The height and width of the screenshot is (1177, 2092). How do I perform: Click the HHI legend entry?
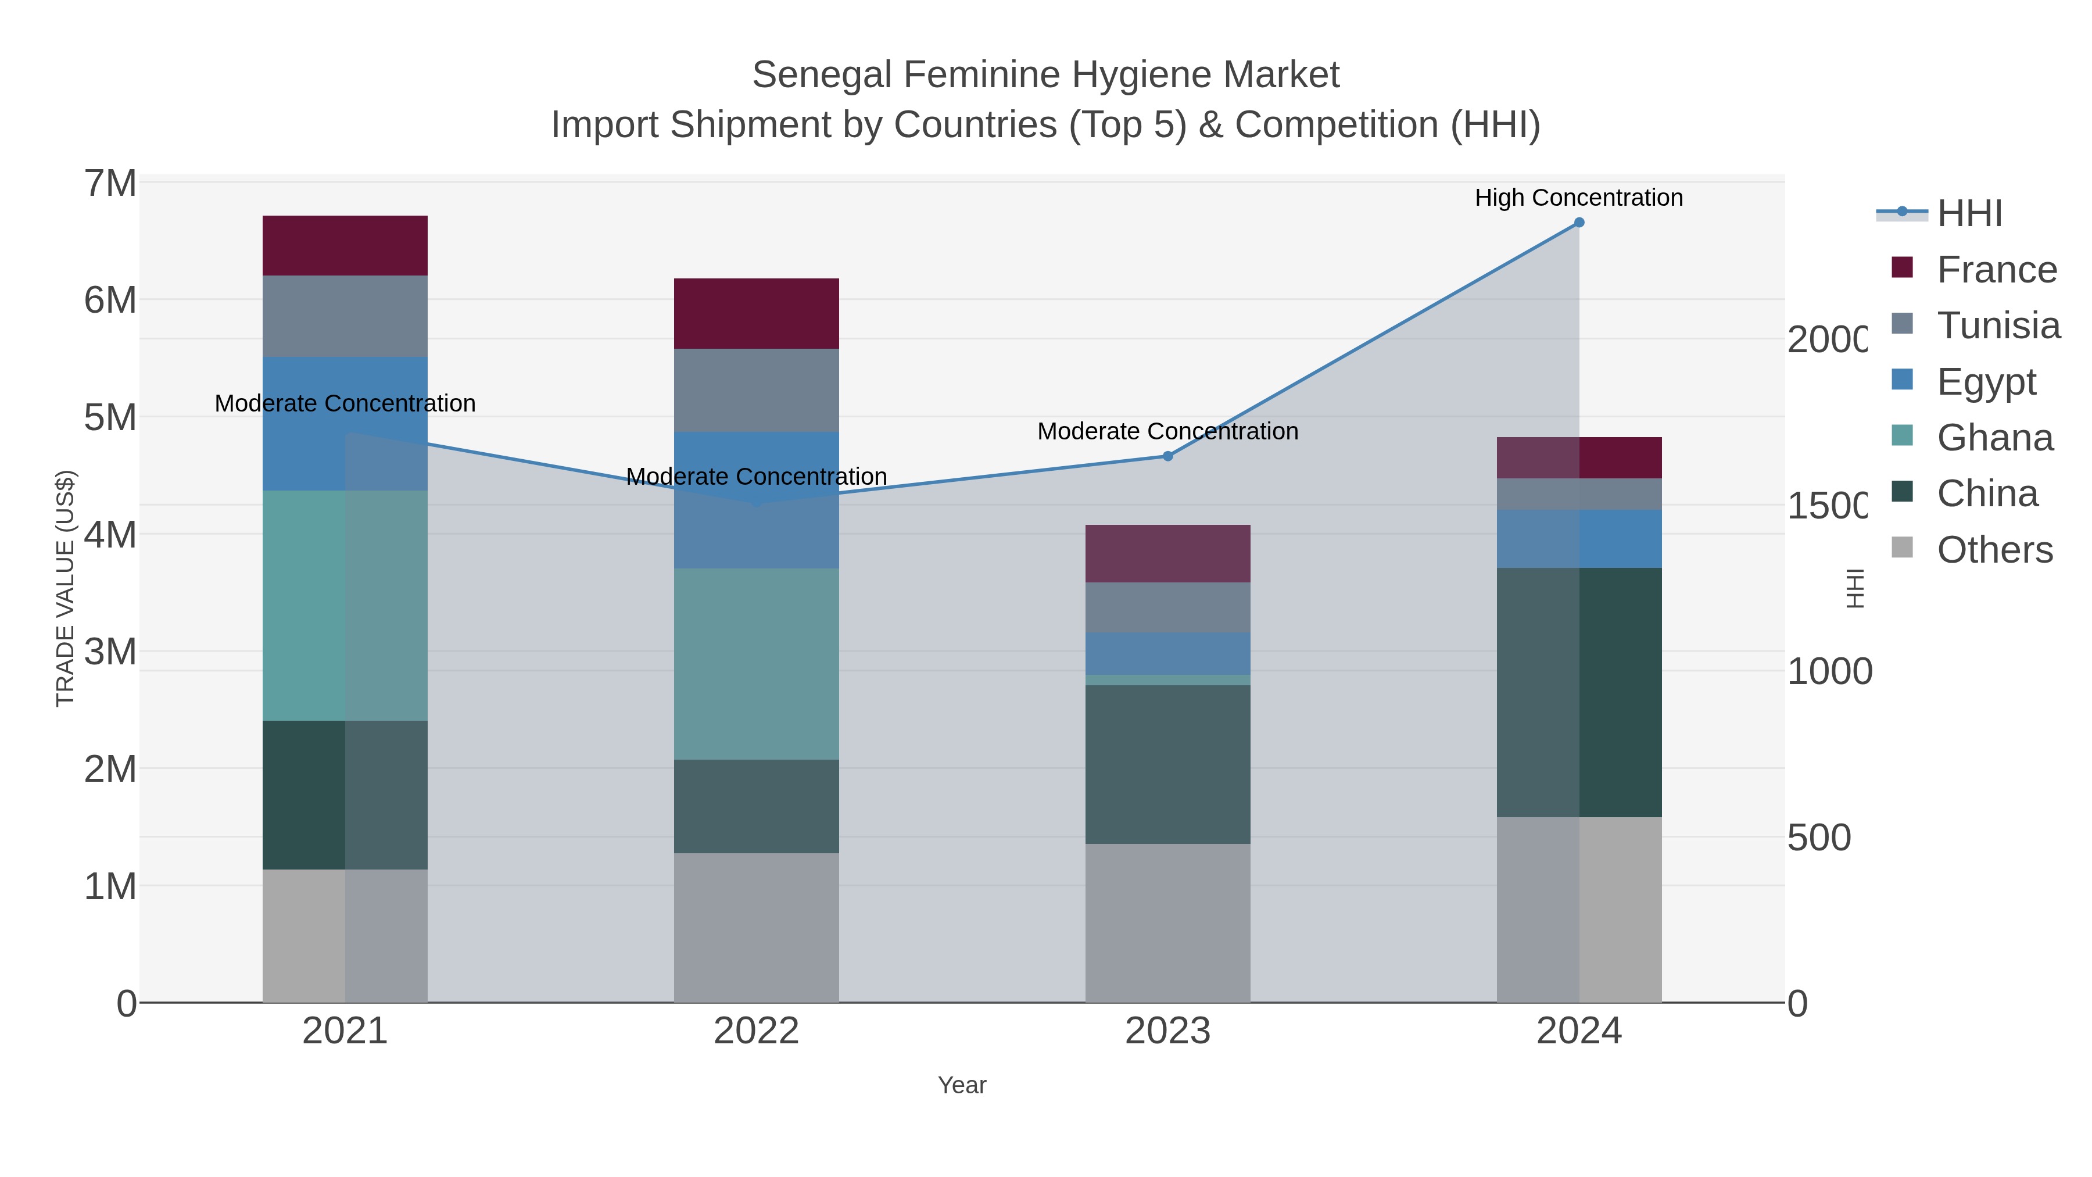[x=1969, y=214]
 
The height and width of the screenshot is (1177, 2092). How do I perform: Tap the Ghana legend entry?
[x=1994, y=438]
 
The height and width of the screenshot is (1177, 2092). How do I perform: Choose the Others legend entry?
[x=1994, y=550]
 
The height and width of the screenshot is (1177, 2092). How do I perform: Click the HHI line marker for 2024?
[x=1579, y=223]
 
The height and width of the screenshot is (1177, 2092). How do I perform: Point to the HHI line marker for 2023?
[x=1168, y=456]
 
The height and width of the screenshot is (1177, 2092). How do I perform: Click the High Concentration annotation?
[x=1579, y=198]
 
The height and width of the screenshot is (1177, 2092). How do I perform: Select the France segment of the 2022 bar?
[x=756, y=313]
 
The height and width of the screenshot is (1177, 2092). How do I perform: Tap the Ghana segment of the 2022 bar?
[x=756, y=664]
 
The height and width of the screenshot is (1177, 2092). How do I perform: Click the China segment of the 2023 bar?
[x=1168, y=764]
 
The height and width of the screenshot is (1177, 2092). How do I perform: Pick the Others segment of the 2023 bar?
[x=1168, y=923]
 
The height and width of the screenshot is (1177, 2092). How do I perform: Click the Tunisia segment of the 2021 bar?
[x=345, y=316]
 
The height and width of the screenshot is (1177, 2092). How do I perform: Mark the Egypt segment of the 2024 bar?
[x=1579, y=539]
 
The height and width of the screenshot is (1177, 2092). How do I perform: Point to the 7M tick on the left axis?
[x=110, y=184]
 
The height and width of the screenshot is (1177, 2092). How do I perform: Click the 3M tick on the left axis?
[x=110, y=652]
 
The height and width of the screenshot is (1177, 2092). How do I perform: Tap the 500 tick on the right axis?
[x=1819, y=838]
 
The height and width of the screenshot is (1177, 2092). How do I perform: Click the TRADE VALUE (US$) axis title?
[x=65, y=588]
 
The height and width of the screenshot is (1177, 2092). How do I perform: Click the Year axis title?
[x=962, y=1085]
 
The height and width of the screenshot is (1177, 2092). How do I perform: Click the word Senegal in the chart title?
[x=821, y=75]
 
